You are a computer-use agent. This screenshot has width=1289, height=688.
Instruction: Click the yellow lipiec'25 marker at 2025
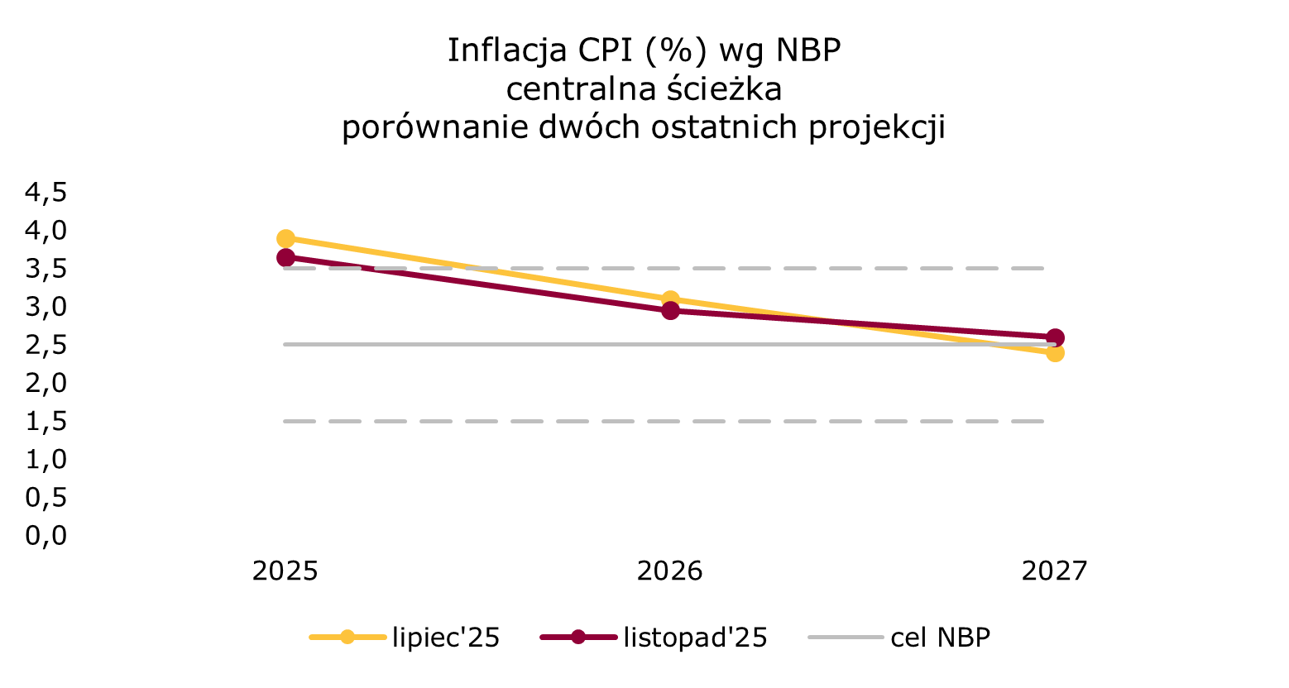coord(286,239)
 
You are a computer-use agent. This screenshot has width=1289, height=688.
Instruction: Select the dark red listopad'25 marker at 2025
coord(286,258)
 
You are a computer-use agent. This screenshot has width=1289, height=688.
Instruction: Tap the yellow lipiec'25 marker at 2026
coord(670,299)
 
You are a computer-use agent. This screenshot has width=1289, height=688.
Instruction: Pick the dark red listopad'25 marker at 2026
coord(670,311)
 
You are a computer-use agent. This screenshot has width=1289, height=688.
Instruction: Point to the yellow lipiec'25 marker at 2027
coord(1055,353)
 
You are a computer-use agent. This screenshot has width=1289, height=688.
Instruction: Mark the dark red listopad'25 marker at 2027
coord(1055,337)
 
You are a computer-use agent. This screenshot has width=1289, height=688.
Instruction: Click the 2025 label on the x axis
coord(285,571)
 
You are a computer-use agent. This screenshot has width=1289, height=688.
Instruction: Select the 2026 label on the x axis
coord(670,571)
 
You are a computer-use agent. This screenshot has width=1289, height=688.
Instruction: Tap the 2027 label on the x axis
coord(1054,571)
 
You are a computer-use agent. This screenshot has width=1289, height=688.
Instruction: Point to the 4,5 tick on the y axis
coord(46,193)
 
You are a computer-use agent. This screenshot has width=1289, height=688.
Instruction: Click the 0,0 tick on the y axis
coord(46,536)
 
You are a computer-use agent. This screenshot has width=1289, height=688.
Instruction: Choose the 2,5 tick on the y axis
coord(46,345)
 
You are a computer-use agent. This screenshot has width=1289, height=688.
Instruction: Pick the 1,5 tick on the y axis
coord(46,422)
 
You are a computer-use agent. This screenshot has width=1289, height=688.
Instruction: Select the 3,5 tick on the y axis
coord(46,269)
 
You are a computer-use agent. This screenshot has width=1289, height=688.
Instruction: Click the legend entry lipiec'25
coord(446,638)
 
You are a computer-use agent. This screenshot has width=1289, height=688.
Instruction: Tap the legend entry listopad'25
coord(695,638)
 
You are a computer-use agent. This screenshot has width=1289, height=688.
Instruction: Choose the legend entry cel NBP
coord(941,638)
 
